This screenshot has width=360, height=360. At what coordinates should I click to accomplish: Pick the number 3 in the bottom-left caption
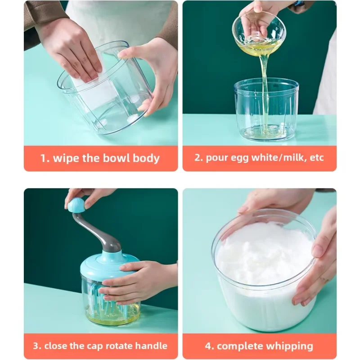[x=36, y=346]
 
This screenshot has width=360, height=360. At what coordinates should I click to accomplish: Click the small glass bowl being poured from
[x=259, y=32]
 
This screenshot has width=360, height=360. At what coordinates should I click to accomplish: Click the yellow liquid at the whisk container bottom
[x=110, y=319]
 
